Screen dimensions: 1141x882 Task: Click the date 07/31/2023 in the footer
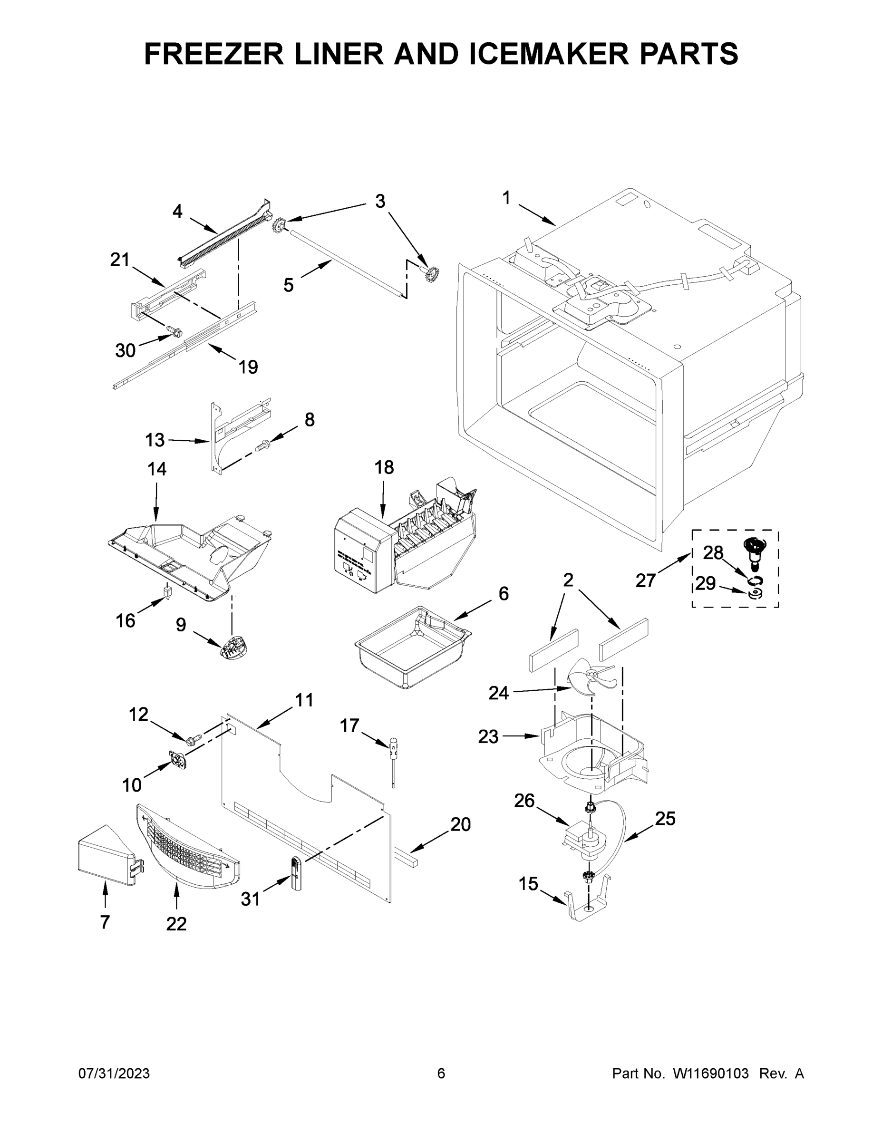(114, 1073)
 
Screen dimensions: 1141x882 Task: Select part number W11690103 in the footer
(711, 1073)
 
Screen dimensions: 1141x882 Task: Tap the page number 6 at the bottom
(441, 1073)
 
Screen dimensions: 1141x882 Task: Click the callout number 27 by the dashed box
(645, 580)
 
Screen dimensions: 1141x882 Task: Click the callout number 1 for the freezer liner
(506, 198)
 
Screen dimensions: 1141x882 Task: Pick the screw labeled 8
(263, 445)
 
